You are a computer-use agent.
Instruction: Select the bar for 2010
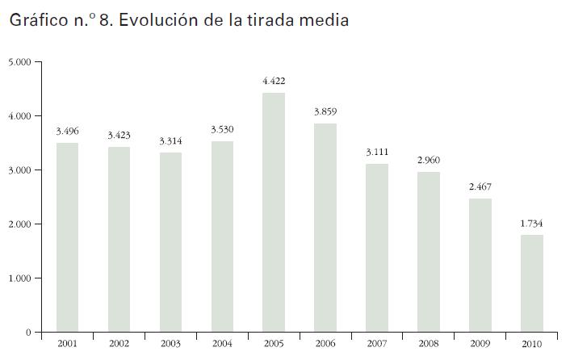coord(532,283)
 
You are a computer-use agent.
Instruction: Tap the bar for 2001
coord(67,237)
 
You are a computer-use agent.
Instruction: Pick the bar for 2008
coord(428,252)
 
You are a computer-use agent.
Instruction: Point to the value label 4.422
coord(274,82)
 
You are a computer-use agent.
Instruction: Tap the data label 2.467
coord(480,187)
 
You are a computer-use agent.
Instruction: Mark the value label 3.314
coord(170,140)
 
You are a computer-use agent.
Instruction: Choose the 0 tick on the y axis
coord(27,333)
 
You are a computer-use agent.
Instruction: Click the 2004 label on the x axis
coord(222,344)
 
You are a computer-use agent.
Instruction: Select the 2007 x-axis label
coord(377,344)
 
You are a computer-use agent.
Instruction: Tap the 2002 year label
coord(119,344)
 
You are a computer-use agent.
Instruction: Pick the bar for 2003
coord(170,242)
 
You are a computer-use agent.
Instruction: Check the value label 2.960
coord(429,161)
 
